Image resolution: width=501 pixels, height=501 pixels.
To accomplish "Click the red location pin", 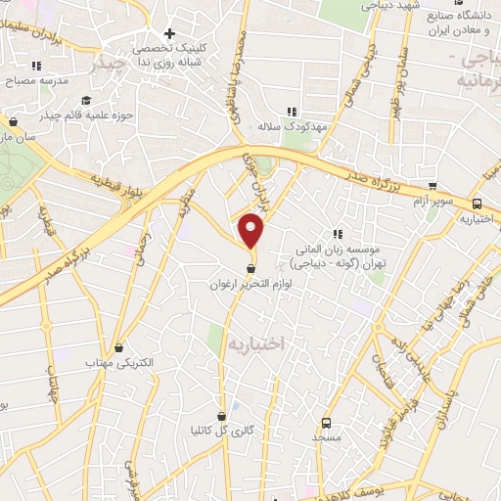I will pyautogui.click(x=252, y=231).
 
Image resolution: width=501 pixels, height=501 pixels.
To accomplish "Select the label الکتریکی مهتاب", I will pyautogui.click(x=121, y=362).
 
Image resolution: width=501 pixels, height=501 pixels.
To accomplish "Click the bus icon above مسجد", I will pyautogui.click(x=325, y=423).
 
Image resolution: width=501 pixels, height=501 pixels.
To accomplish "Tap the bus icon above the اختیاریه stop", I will pyautogui.click(x=477, y=204).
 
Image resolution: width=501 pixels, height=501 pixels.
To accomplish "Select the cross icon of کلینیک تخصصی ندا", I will pyautogui.click(x=169, y=34).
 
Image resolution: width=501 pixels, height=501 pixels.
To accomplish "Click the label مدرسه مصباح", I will pyautogui.click(x=37, y=81).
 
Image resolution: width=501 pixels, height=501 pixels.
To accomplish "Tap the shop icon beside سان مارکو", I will pyautogui.click(x=14, y=122).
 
